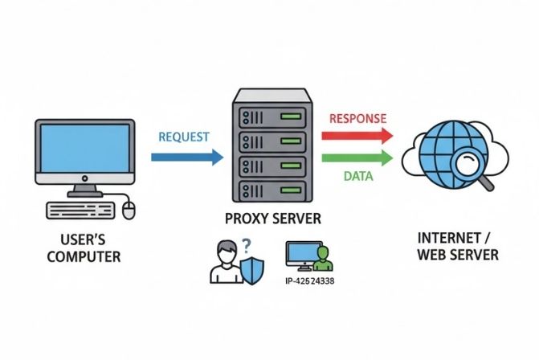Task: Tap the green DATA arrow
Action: tap(358, 157)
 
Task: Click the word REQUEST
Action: tap(186, 137)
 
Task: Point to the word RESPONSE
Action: tap(358, 119)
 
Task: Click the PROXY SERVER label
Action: tap(272, 219)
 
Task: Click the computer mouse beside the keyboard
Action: tap(130, 211)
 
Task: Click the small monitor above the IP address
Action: tap(300, 255)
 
